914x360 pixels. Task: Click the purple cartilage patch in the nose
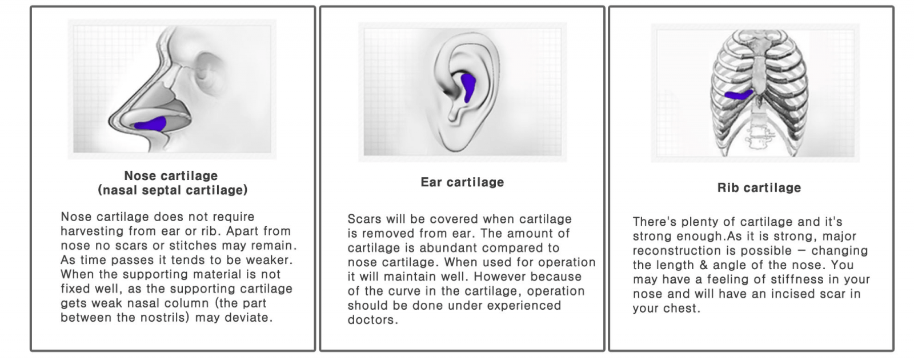point(151,124)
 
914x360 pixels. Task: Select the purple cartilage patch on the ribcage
point(739,95)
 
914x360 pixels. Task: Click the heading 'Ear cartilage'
point(462,182)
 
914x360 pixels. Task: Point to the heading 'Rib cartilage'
point(759,188)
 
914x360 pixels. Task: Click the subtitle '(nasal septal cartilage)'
point(173,190)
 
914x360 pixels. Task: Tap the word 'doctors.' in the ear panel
point(372,320)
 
